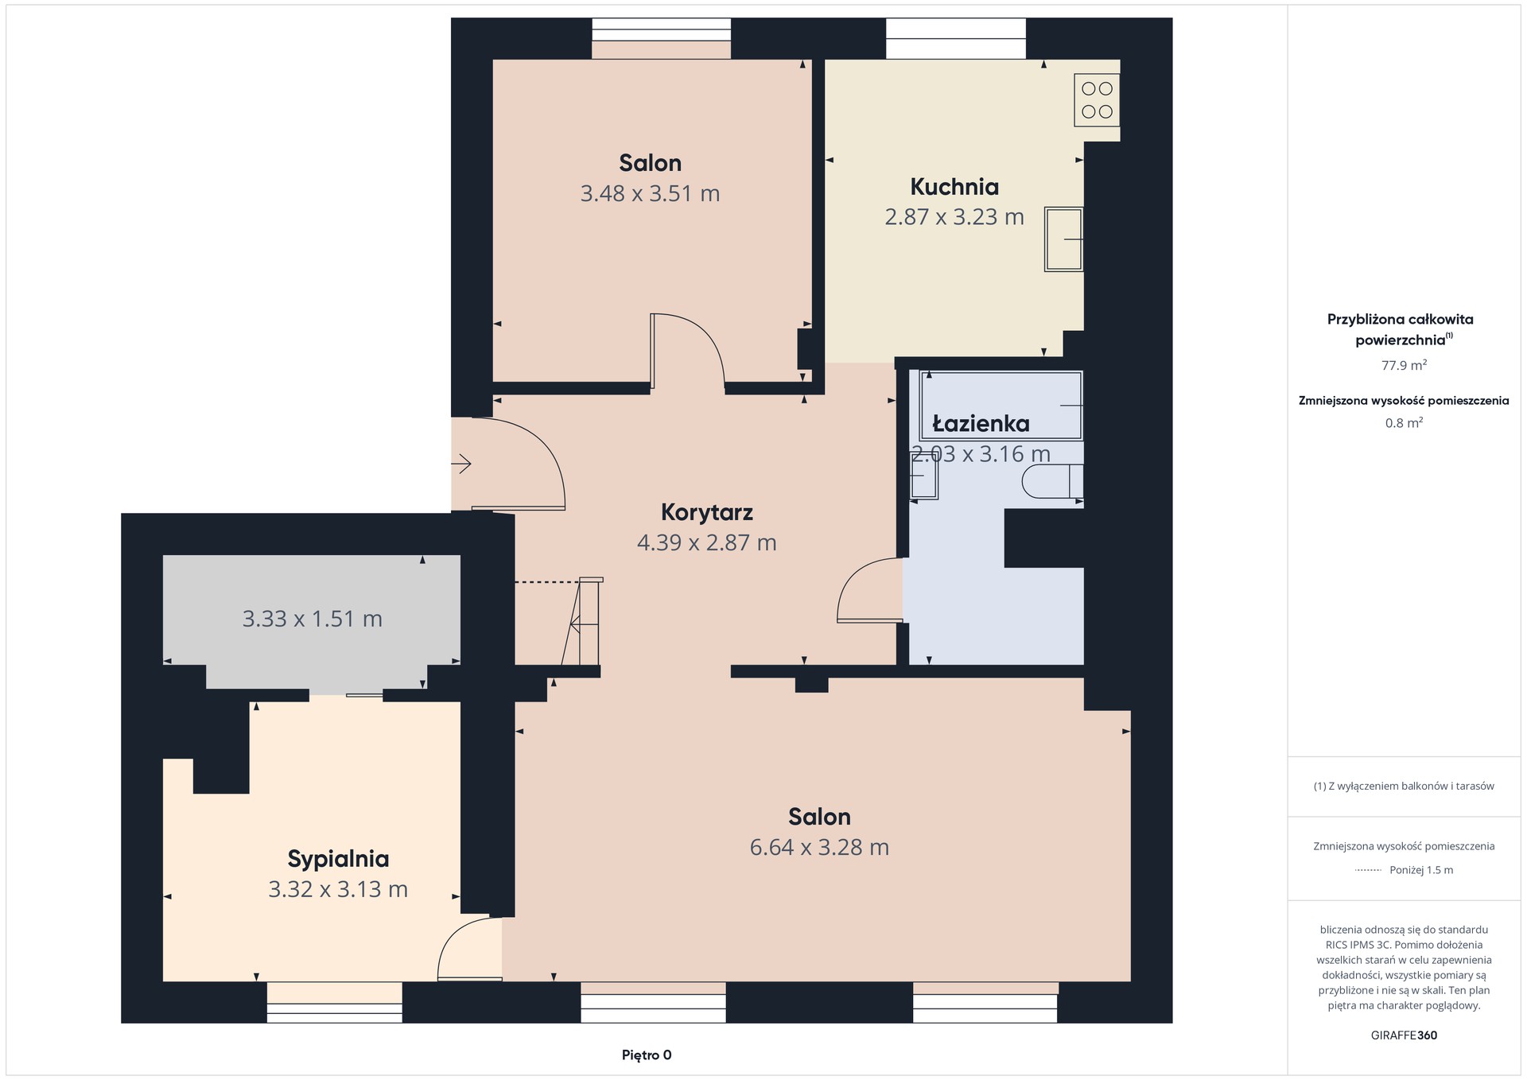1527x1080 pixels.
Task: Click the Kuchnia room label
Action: click(x=954, y=187)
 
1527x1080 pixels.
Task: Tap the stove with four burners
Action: click(x=1097, y=100)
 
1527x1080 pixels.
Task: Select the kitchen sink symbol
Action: click(x=1064, y=239)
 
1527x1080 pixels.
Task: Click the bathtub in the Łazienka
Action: click(x=1001, y=406)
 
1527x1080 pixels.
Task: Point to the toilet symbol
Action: click(x=1052, y=482)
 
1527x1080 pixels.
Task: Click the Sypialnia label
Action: click(x=338, y=860)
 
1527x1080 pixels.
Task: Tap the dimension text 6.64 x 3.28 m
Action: click(x=819, y=847)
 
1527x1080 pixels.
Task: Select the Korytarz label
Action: click(x=707, y=512)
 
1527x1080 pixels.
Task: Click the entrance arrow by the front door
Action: click(x=461, y=463)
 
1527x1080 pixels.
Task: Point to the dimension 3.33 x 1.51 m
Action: click(x=313, y=619)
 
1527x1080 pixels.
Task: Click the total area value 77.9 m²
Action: click(x=1404, y=366)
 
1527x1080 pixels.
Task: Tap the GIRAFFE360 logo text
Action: click(x=1404, y=1035)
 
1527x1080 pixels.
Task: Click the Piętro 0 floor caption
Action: click(x=647, y=1055)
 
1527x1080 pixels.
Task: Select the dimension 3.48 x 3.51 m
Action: click(x=650, y=193)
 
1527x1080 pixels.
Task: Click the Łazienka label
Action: click(x=981, y=424)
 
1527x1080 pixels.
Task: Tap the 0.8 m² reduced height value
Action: click(x=1404, y=423)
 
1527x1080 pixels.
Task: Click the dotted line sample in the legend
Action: click(x=1368, y=870)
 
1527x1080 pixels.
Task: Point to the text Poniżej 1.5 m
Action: click(x=1421, y=870)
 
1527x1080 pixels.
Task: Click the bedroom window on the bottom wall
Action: click(x=334, y=1002)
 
